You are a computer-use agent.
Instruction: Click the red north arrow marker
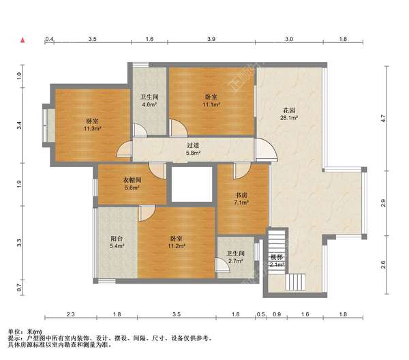click(22, 40)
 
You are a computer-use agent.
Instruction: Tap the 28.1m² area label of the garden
click(289, 118)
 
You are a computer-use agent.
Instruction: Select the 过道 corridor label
click(193, 145)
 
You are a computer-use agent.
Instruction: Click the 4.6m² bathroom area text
click(149, 105)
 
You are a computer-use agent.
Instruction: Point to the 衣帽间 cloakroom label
click(132, 180)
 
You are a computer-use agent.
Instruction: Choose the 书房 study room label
click(241, 195)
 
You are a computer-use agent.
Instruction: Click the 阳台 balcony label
click(117, 239)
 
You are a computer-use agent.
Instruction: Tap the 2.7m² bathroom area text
click(235, 260)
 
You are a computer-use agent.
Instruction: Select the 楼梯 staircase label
click(276, 257)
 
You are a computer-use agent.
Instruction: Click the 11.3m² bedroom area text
click(92, 129)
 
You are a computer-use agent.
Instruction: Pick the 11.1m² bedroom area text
click(211, 104)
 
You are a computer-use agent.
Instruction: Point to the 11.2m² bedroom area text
click(177, 246)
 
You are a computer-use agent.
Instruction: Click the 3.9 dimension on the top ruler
click(211, 39)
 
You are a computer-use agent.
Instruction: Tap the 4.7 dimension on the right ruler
click(383, 119)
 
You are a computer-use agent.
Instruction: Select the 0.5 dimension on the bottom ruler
click(261, 314)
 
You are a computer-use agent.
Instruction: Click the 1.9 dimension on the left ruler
click(19, 184)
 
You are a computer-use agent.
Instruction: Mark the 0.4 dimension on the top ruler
click(49, 39)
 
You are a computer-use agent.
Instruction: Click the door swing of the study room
click(242, 170)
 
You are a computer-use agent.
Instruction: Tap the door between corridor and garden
click(266, 149)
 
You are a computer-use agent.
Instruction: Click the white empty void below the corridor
click(192, 184)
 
